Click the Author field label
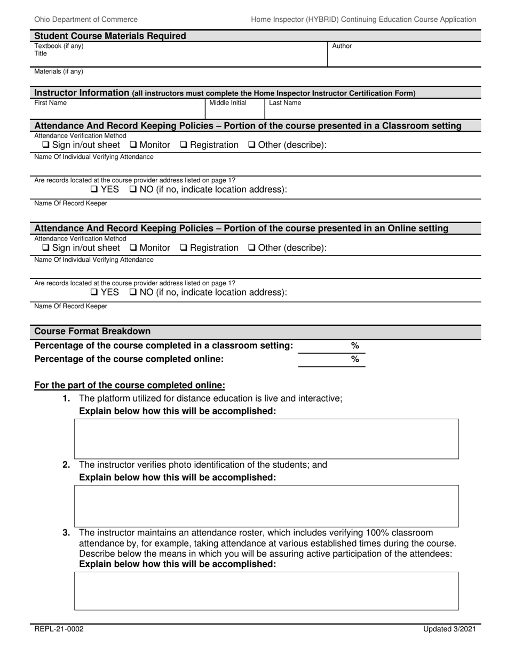click(x=342, y=46)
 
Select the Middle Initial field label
click(x=227, y=103)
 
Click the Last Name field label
click(x=284, y=103)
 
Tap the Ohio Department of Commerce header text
click(x=86, y=19)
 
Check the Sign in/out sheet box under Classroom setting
click(x=46, y=145)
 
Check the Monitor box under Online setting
click(x=133, y=248)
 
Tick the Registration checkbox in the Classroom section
click(x=184, y=145)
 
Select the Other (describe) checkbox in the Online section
click(x=252, y=248)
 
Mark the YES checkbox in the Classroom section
click(x=94, y=189)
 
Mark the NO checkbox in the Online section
click(x=133, y=292)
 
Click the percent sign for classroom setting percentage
click(x=355, y=346)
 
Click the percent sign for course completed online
click(x=355, y=359)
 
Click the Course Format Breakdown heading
click(x=92, y=331)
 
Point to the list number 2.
click(x=66, y=465)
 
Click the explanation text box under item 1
click(x=266, y=439)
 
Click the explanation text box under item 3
click(x=266, y=591)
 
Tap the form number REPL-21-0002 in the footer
click(x=59, y=629)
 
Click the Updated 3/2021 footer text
click(x=449, y=629)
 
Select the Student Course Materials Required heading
click(x=110, y=36)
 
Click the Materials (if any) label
click(x=59, y=71)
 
